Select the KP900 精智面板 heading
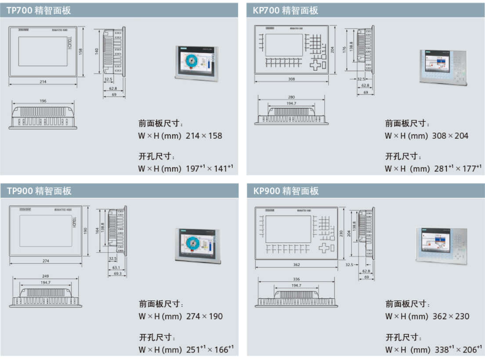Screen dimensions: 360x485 (x=286, y=191)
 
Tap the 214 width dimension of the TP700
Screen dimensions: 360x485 (x=43, y=82)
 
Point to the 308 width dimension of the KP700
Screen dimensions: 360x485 (x=291, y=79)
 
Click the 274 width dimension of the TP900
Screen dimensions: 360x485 (x=46, y=261)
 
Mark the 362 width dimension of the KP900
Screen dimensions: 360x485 (x=297, y=265)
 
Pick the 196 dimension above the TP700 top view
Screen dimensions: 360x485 (x=43, y=101)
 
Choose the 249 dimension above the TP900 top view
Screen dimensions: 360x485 (x=46, y=276)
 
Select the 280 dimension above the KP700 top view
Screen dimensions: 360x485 (x=291, y=97)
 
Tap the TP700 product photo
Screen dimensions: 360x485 (x=196, y=63)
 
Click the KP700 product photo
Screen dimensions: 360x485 (x=442, y=67)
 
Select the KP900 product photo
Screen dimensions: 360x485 (x=441, y=246)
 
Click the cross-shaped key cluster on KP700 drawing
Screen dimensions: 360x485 (x=318, y=65)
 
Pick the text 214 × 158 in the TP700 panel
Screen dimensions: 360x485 (x=204, y=136)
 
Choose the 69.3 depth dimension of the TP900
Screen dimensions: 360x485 (x=117, y=274)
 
